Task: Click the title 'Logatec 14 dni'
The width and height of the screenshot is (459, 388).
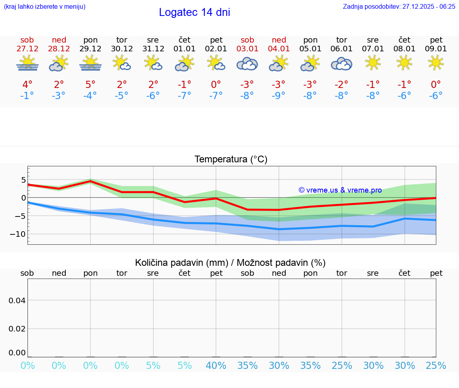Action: pyautogui.click(x=194, y=12)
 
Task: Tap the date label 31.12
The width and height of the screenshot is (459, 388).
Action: pyautogui.click(x=153, y=49)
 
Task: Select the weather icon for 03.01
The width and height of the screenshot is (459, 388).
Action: pyautogui.click(x=247, y=64)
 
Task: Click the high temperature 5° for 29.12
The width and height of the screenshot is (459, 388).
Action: pyautogui.click(x=90, y=84)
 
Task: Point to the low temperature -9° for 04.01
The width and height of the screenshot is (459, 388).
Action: pyautogui.click(x=279, y=96)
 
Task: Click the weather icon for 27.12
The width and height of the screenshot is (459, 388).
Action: pyautogui.click(x=27, y=64)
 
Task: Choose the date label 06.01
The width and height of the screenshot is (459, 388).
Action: pyautogui.click(x=341, y=49)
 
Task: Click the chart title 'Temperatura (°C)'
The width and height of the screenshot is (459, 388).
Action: pyautogui.click(x=231, y=159)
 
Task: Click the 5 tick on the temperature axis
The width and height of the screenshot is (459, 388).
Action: pyautogui.click(x=24, y=179)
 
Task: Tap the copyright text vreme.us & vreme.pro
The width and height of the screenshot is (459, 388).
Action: pyautogui.click(x=340, y=190)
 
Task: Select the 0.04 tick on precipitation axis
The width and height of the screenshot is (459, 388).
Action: pyautogui.click(x=17, y=300)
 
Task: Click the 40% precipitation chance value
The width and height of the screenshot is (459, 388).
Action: pyautogui.click(x=216, y=366)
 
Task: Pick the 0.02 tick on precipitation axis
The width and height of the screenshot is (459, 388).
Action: pyautogui.click(x=17, y=328)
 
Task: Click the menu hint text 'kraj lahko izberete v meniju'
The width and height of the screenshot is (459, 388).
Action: pyautogui.click(x=44, y=6)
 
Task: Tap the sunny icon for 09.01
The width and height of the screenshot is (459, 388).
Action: pyautogui.click(x=436, y=62)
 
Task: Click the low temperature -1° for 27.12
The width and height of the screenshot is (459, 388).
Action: pyautogui.click(x=27, y=96)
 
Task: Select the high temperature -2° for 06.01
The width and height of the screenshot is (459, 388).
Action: pyautogui.click(x=341, y=84)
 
